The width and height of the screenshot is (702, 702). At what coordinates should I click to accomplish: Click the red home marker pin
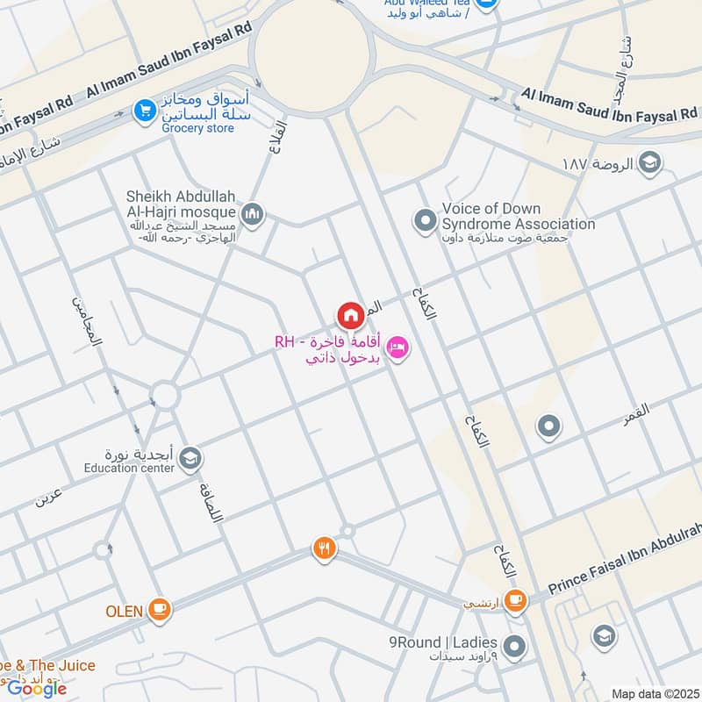[x=350, y=314]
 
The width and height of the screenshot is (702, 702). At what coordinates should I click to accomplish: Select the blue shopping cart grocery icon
[x=142, y=111]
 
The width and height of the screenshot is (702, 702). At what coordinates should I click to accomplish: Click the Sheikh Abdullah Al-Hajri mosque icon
[x=252, y=213]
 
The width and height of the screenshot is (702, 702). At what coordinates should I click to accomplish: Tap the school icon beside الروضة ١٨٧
[x=650, y=163]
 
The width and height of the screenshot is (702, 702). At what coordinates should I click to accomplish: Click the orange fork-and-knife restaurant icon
[x=324, y=549]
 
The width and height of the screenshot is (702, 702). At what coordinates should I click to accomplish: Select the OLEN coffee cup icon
[x=160, y=610]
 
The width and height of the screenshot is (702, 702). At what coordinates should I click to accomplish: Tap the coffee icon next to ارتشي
[x=515, y=601]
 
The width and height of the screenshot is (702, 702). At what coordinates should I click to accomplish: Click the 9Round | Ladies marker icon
[x=515, y=648]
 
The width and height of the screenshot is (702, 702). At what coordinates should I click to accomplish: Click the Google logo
[x=37, y=688]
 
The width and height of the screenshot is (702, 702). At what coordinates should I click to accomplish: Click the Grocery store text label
[x=198, y=128]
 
